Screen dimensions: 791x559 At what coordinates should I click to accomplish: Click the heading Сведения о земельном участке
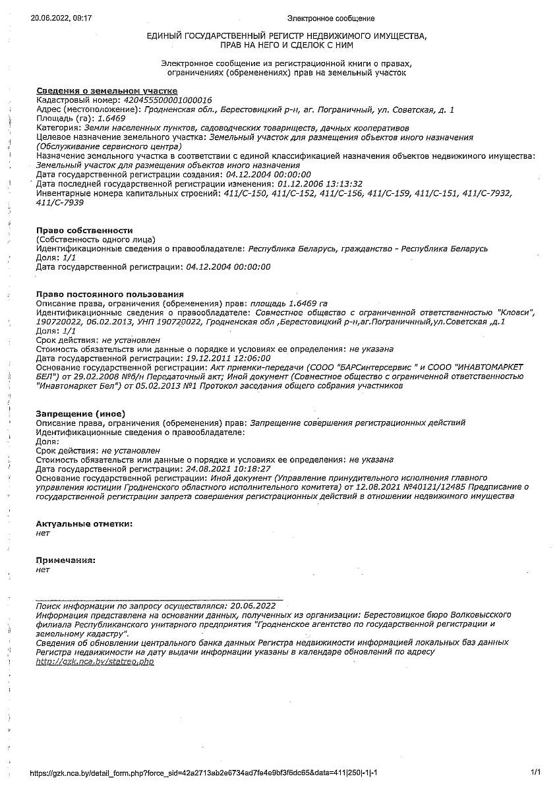107,90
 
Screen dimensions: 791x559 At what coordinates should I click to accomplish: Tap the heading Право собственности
84,230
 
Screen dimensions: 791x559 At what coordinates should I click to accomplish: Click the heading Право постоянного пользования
110,293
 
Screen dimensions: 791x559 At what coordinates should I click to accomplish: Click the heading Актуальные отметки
84,523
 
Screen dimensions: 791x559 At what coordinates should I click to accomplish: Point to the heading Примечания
66,560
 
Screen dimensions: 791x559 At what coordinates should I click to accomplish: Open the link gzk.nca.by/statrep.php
94,661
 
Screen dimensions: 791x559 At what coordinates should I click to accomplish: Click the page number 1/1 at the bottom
535,772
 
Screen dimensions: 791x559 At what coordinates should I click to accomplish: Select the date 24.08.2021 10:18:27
229,469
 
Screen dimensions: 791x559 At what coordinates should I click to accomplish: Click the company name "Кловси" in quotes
516,312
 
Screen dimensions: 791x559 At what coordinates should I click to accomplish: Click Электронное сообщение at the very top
331,18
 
